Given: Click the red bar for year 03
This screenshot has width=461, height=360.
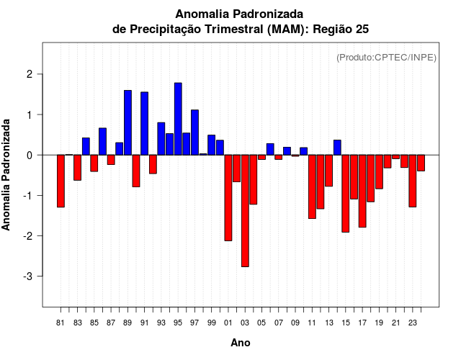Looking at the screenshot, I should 245,210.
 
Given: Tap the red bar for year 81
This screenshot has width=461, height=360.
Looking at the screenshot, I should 61,181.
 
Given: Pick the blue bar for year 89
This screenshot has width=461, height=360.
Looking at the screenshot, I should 127,122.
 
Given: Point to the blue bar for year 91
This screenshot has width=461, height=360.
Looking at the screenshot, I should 145,123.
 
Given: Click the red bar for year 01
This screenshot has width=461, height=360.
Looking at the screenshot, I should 228,197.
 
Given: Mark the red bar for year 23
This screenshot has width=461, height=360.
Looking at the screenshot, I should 413,181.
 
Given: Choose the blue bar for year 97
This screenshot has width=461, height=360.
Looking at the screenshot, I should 194,132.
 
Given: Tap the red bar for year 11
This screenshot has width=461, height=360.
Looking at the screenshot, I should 312,186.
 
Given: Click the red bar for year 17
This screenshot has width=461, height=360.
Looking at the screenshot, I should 362,191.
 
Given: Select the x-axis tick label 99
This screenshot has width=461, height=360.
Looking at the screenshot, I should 211,323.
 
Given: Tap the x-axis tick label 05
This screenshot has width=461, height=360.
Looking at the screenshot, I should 261,323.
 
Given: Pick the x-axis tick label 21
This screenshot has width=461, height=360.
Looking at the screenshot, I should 395,323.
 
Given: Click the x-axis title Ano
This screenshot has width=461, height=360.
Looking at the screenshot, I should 241,343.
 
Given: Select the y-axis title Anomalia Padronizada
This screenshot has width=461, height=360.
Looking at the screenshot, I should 7,175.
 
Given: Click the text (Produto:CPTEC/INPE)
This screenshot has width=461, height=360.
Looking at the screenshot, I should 387,57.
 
